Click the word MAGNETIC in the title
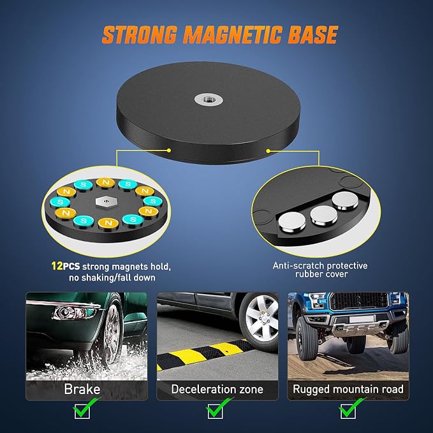coord(233,35)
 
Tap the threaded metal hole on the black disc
coord(209,99)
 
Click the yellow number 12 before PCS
coord(57,266)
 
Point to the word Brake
coord(82,389)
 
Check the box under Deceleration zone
coord(215,411)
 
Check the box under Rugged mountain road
coord(348,411)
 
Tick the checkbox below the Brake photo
coord(82,411)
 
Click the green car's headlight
coord(75,312)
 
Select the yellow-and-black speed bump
coord(203,354)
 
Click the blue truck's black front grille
coord(359,301)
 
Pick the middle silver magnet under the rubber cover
coord(324,214)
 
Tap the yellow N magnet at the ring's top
coord(105,182)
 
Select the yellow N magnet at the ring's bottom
coord(108,223)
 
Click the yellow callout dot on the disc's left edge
coord(169,150)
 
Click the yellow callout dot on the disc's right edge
coord(268,150)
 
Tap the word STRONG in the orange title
coord(140,35)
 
